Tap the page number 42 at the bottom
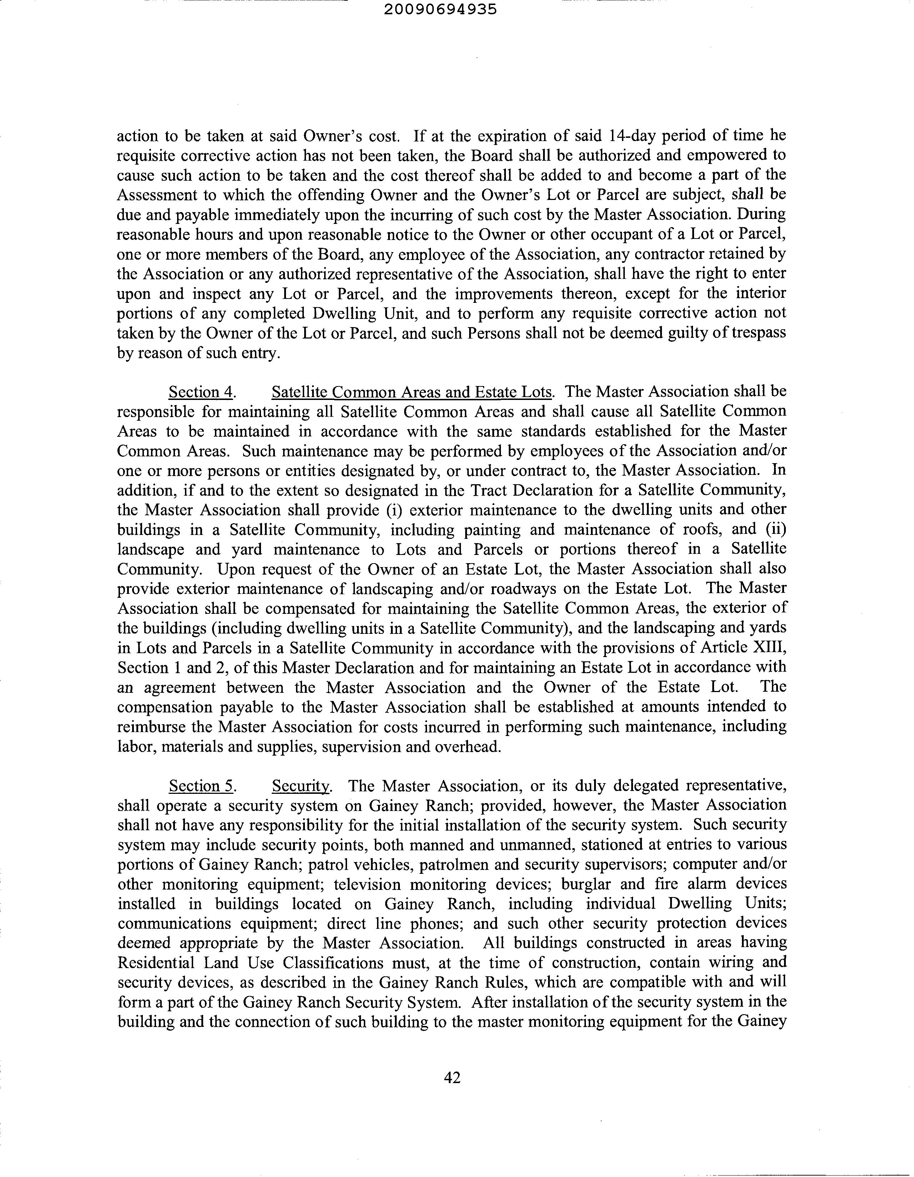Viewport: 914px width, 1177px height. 452,1077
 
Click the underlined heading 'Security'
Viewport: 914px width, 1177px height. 301,786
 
